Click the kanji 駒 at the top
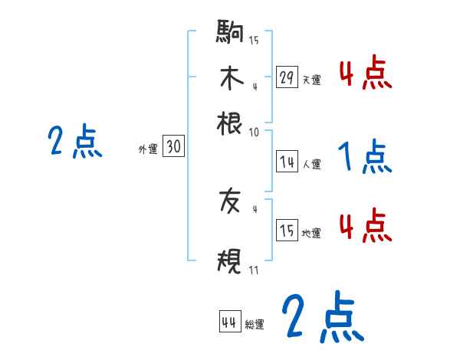[230, 32]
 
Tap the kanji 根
[230, 122]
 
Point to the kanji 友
[230, 203]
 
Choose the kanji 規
[230, 261]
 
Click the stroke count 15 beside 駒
[254, 40]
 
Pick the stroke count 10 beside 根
[254, 132]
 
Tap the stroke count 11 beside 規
[254, 270]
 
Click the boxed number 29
[287, 77]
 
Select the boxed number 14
[287, 162]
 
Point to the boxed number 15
[287, 231]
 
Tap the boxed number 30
[173, 147]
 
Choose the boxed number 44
[229, 322]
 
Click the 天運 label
[311, 80]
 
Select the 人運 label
[311, 164]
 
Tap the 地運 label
[311, 233]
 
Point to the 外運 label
[148, 149]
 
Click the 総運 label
[255, 325]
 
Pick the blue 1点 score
[366, 158]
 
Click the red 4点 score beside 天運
[366, 74]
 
